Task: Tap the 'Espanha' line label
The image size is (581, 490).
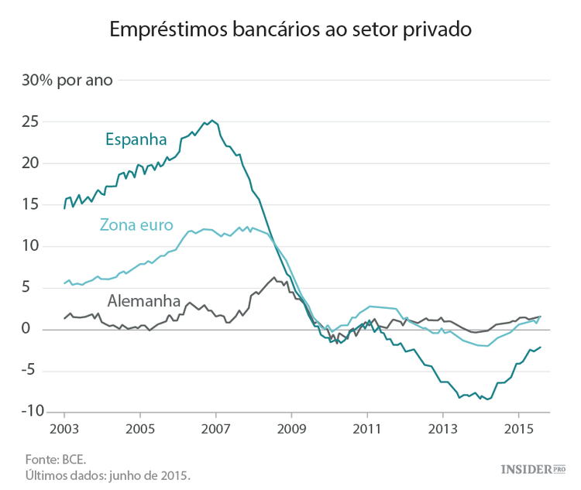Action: pyautogui.click(x=136, y=140)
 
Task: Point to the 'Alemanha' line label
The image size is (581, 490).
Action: pyautogui.click(x=144, y=300)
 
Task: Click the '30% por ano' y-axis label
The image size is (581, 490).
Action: pyautogui.click(x=67, y=81)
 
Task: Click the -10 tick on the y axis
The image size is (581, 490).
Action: pyautogui.click(x=27, y=411)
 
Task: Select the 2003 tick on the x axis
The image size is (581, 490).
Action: pyautogui.click(x=64, y=429)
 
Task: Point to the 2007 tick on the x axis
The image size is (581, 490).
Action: pyautogui.click(x=215, y=429)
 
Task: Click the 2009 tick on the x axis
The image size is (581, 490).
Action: pyautogui.click(x=291, y=429)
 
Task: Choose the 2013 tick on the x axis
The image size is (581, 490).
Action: pyautogui.click(x=443, y=429)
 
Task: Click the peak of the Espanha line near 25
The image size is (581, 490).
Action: pyautogui.click(x=212, y=121)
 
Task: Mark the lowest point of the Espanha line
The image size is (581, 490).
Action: pyautogui.click(x=488, y=399)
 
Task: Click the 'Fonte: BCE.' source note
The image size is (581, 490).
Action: pyautogui.click(x=50, y=457)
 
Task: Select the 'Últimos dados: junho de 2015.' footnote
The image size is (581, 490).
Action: pyautogui.click(x=108, y=474)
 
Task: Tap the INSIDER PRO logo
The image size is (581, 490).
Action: pyautogui.click(x=533, y=469)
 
